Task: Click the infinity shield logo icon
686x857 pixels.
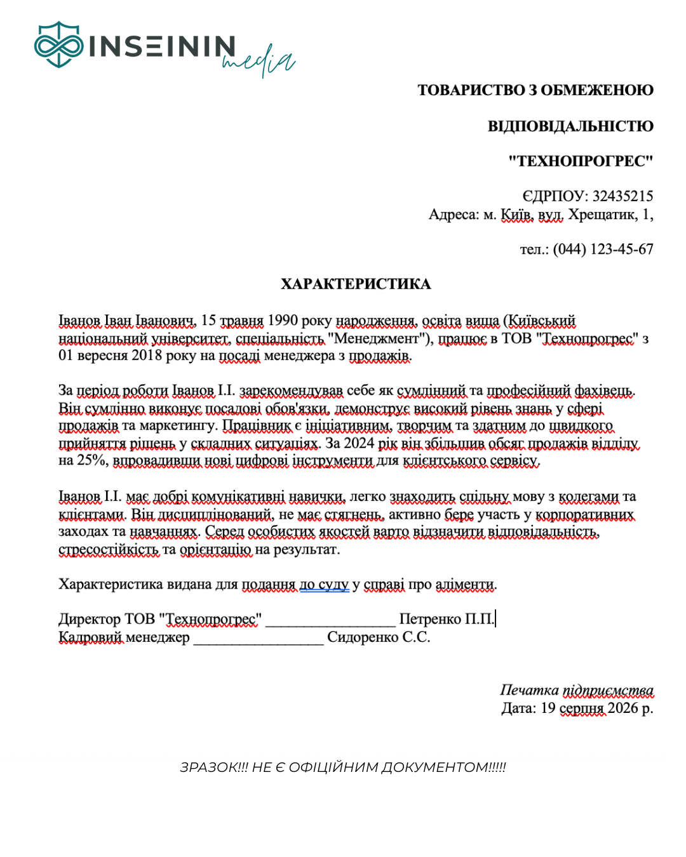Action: (58, 44)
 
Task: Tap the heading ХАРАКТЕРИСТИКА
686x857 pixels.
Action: (356, 284)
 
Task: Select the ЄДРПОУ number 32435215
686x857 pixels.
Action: (622, 196)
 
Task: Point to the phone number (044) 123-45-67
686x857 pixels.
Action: (603, 249)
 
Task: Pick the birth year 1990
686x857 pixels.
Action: (283, 321)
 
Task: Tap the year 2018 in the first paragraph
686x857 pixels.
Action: (147, 355)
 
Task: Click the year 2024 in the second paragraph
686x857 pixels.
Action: (358, 443)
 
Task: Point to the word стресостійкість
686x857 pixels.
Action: (109, 549)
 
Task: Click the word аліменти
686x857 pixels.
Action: (466, 584)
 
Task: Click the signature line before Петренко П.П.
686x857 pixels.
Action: (330, 620)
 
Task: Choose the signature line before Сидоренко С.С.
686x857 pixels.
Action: (259, 638)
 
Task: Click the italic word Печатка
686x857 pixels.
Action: (529, 690)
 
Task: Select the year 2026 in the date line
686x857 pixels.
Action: (622, 708)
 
